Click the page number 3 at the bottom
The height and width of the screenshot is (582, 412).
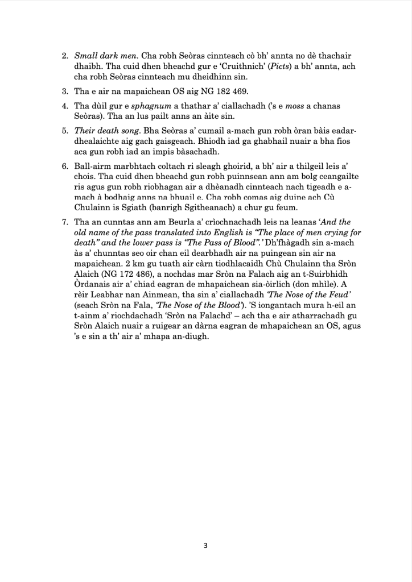(205, 546)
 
